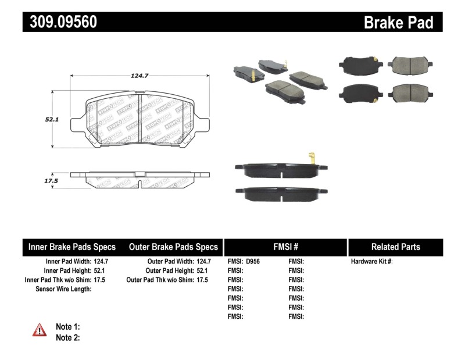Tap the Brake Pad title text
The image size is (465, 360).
[x=398, y=23]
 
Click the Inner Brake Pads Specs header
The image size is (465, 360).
[x=72, y=247]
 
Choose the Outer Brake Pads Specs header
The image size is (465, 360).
[x=173, y=247]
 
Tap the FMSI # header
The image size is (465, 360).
[x=285, y=247]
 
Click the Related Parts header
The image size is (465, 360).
[x=396, y=247]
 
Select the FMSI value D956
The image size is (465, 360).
[x=253, y=262]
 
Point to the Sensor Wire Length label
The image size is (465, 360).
[x=64, y=288]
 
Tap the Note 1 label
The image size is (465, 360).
[x=67, y=327]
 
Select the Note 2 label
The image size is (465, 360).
[x=67, y=337]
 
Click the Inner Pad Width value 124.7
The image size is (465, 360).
[x=101, y=262]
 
